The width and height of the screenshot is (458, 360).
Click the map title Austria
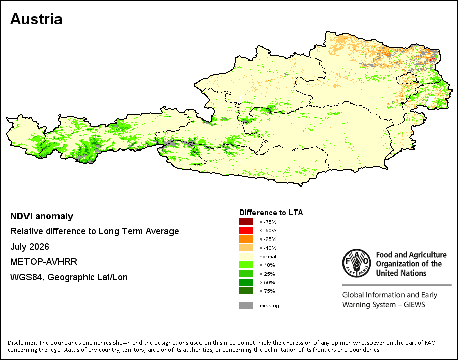pyautogui.click(x=36, y=19)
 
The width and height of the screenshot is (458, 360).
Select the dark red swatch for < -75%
pyautogui.click(x=246, y=222)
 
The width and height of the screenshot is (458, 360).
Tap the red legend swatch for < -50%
pyautogui.click(x=246, y=230)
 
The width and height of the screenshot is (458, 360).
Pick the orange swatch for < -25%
pyautogui.click(x=246, y=239)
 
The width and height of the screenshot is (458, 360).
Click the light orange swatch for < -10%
pyautogui.click(x=246, y=248)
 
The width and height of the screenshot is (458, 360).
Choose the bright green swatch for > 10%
pyautogui.click(x=246, y=265)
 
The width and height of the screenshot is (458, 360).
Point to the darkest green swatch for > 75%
pyautogui.click(x=246, y=291)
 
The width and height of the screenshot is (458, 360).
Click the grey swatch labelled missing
pyautogui.click(x=246, y=305)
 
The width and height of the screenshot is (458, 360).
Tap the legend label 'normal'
pyautogui.click(x=268, y=257)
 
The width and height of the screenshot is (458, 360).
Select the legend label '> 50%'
pyautogui.click(x=267, y=283)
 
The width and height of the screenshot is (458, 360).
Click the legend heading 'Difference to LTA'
pyautogui.click(x=271, y=212)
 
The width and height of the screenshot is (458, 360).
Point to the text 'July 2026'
pyautogui.click(x=30, y=247)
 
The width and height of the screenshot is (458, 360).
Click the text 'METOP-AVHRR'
pyautogui.click(x=44, y=261)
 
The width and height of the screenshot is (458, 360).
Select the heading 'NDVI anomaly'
pyautogui.click(x=42, y=216)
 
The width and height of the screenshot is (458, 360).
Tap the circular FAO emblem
pyautogui.click(x=357, y=263)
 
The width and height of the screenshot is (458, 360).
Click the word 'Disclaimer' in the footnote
pyautogui.click(x=22, y=343)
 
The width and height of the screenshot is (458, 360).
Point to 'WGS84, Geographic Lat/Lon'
pyautogui.click(x=69, y=277)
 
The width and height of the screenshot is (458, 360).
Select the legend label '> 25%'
pyautogui.click(x=267, y=274)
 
